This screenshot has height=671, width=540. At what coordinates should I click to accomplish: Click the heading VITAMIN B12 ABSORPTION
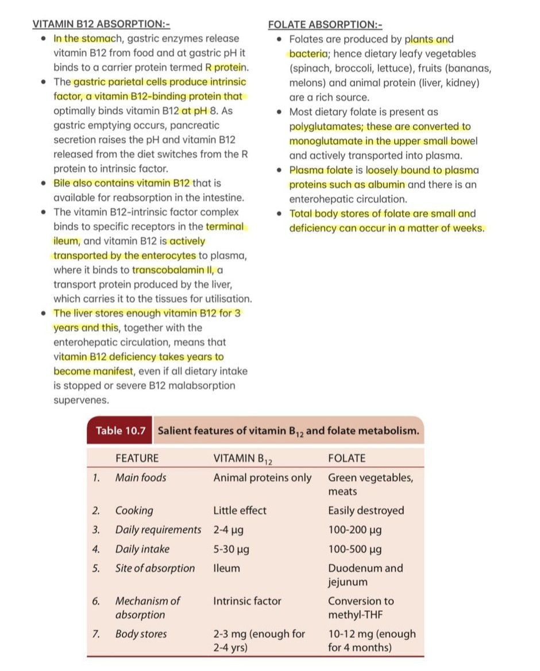click(101, 24)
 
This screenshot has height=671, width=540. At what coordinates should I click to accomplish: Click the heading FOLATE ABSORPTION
click(325, 25)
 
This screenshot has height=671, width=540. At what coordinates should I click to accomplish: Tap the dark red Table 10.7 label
click(121, 430)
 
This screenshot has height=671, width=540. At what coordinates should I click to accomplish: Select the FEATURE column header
click(137, 458)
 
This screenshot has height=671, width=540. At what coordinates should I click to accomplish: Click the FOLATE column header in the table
click(346, 458)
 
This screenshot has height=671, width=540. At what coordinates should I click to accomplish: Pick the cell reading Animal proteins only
click(262, 478)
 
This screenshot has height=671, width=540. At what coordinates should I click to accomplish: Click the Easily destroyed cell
click(366, 510)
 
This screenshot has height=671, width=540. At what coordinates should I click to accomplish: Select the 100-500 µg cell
click(354, 549)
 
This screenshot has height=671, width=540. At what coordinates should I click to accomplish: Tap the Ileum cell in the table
click(226, 568)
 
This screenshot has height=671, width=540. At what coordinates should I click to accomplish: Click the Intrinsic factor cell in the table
click(247, 601)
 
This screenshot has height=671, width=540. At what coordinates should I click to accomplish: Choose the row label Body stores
click(141, 634)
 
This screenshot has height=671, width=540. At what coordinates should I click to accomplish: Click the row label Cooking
click(134, 510)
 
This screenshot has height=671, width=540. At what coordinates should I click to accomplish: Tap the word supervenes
click(81, 400)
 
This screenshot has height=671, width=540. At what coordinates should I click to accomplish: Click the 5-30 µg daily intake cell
click(231, 549)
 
